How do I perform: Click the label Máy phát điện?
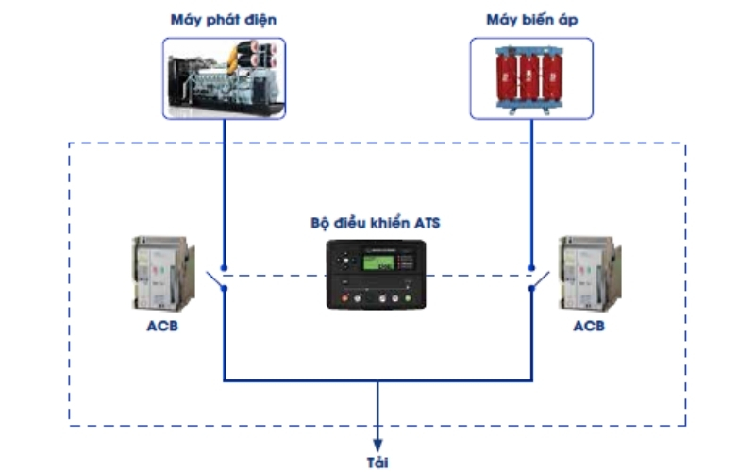[x=224, y=19]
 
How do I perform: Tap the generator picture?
[x=224, y=78]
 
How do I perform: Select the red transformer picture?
[x=531, y=78]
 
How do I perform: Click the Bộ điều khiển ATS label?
[x=376, y=224]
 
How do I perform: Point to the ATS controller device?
[x=376, y=275]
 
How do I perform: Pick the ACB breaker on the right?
[x=590, y=275]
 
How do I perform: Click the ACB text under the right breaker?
[x=589, y=328]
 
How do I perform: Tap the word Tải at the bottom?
[x=377, y=463]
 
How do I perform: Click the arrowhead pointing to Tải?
[x=377, y=444]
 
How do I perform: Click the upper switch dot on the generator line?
[x=224, y=267]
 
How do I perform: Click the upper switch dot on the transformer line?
[x=531, y=267]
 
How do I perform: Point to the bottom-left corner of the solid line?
[x=224, y=381]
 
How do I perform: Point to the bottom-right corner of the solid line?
[x=531, y=381]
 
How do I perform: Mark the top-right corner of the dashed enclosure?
[x=685, y=144]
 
